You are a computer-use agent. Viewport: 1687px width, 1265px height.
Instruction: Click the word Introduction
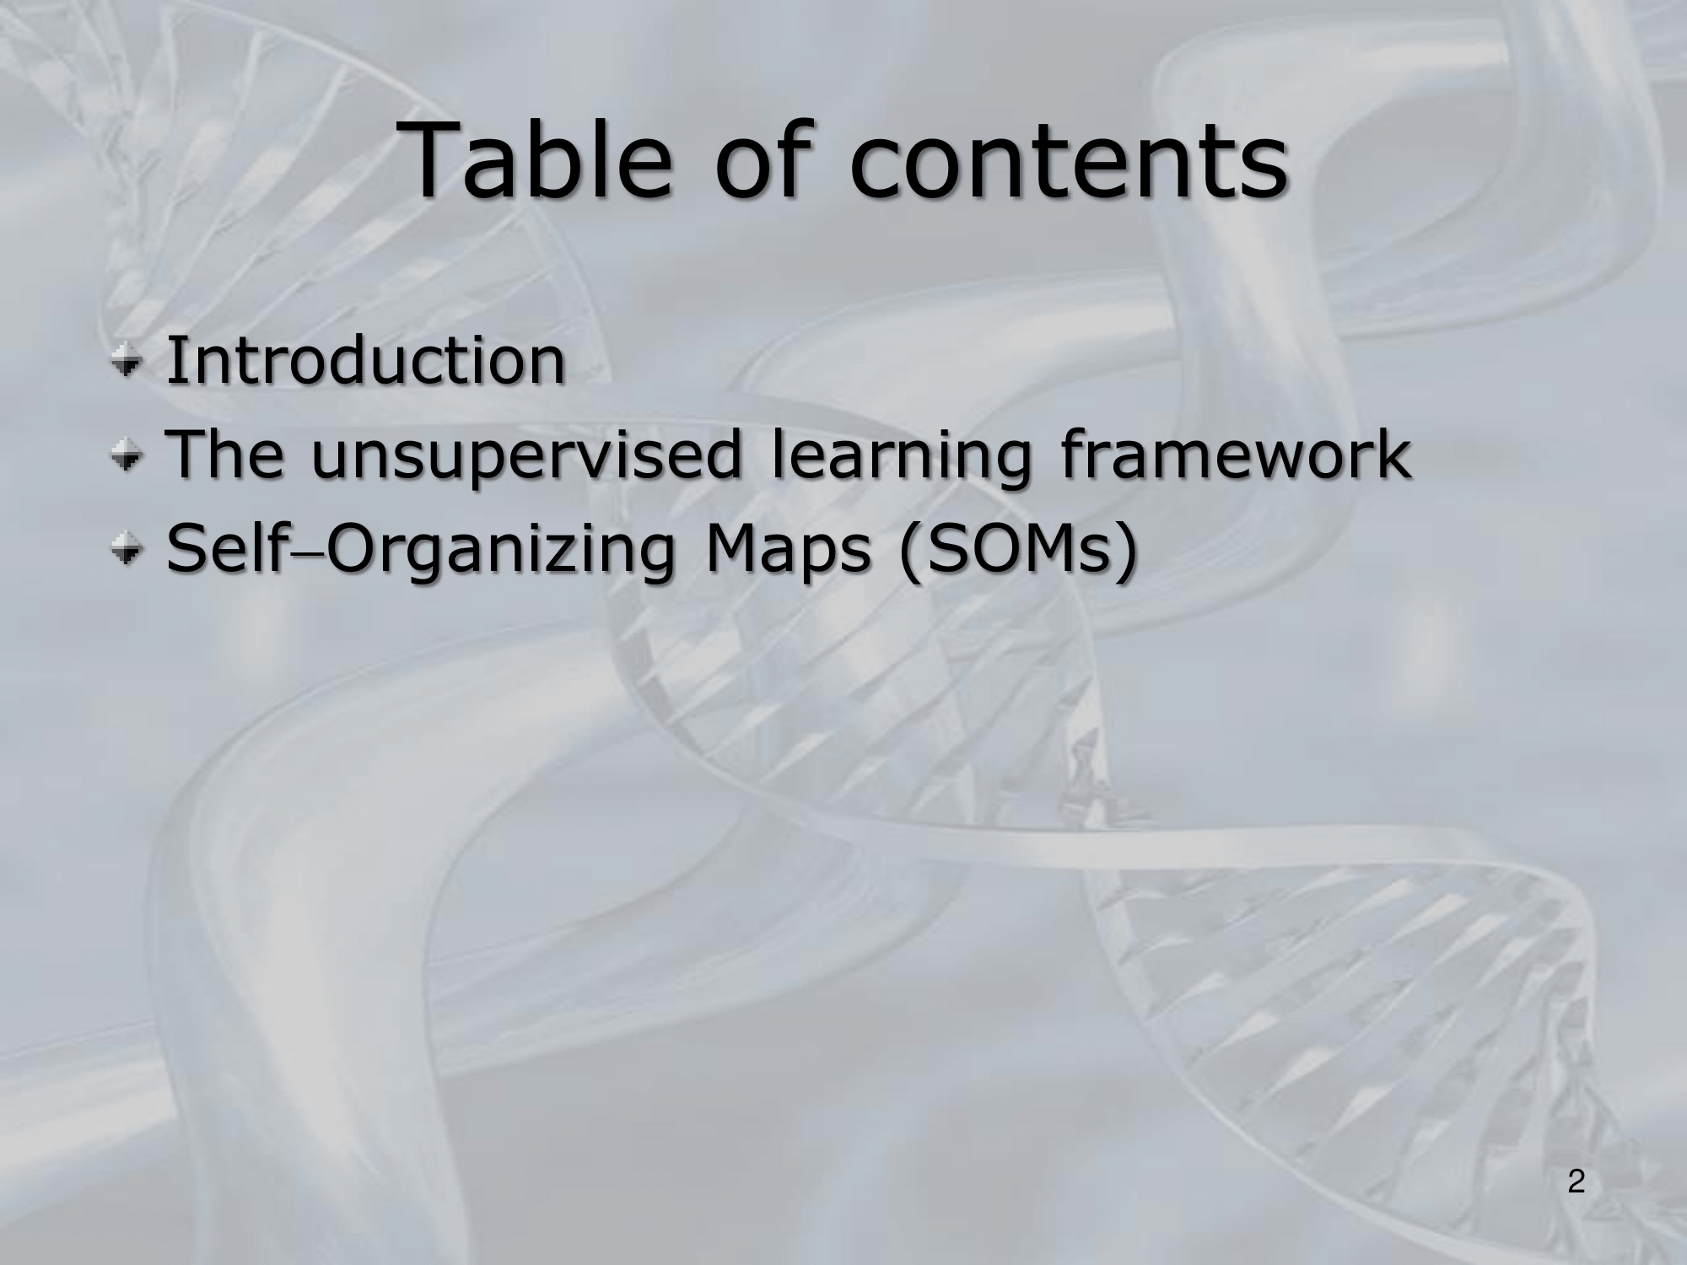coord(366,360)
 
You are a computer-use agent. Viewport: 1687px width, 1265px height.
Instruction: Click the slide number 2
coord(1576,1182)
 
